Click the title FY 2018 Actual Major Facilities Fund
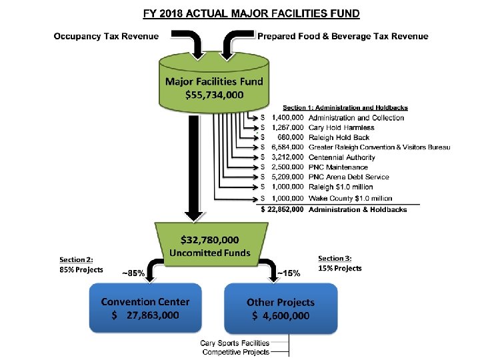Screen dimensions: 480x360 pos(252,13)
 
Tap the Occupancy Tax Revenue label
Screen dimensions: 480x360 pos(107,36)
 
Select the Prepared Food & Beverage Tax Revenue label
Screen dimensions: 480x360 pos(343,36)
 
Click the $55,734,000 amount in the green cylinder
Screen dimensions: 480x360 pos(214,95)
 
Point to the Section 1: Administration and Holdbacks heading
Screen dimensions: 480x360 pos(345,107)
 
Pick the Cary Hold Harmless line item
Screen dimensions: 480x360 pos(341,127)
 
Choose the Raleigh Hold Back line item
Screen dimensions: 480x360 pos(339,137)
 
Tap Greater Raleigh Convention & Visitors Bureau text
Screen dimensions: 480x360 pos(375,147)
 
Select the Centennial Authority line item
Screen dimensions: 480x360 pos(342,157)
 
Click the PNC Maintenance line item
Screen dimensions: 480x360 pos(338,167)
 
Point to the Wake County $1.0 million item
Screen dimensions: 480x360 pos(351,198)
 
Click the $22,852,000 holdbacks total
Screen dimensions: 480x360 pos(282,209)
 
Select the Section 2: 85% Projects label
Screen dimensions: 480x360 pos(81,264)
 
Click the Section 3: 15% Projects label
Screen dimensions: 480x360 pos(340,263)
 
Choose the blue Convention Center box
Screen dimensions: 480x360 pos(145,309)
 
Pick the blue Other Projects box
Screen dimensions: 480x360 pos(281,309)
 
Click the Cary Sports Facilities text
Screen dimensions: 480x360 pos(236,343)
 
